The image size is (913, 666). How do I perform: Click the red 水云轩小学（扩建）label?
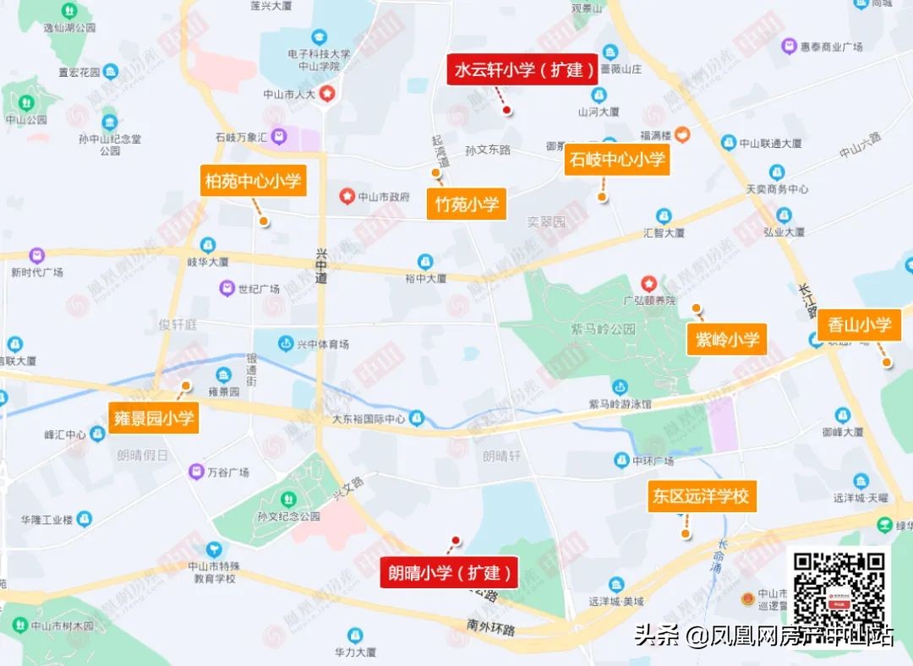[522, 70]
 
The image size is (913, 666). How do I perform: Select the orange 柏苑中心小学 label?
[252, 181]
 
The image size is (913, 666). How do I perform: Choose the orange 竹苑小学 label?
[467, 204]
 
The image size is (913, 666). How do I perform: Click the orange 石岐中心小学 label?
[616, 160]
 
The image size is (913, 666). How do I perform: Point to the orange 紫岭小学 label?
[726, 340]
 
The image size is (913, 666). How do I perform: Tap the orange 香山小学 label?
[859, 325]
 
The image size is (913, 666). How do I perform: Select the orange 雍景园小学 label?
[153, 418]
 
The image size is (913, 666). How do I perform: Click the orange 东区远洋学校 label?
[700, 496]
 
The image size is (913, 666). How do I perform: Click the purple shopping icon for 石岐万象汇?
[279, 136]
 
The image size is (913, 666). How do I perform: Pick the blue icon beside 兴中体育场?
[286, 344]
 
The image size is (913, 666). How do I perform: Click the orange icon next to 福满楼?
[681, 134]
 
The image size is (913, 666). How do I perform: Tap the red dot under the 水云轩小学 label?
[506, 110]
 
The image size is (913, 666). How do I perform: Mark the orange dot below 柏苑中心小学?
[264, 221]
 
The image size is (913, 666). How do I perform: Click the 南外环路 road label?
[490, 628]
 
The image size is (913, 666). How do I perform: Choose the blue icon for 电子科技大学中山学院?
[319, 38]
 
